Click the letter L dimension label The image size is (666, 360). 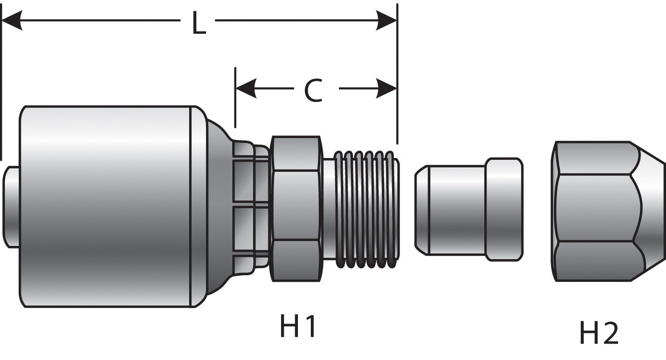pos(198,23)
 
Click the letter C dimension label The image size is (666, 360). pos(313,91)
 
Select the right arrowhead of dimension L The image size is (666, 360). pos(386,21)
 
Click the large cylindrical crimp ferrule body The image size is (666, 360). pos(107,206)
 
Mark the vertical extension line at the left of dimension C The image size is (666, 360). pos(235,98)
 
